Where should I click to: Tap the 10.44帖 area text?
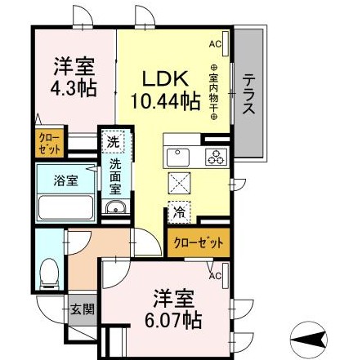[166, 102]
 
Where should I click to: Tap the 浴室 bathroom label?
[67, 180]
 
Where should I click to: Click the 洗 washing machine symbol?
[113, 141]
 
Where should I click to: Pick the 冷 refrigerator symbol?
[178, 211]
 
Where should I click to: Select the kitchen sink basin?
[178, 156]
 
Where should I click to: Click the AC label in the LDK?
[215, 43]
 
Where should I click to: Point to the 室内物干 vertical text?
[215, 94]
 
